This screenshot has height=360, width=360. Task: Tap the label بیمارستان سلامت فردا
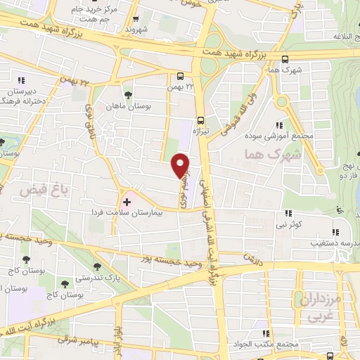point(131,212)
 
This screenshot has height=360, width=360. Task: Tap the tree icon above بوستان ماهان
point(127,95)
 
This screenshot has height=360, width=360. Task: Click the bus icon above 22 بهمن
point(181,77)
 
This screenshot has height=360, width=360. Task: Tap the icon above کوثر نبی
point(288,213)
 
